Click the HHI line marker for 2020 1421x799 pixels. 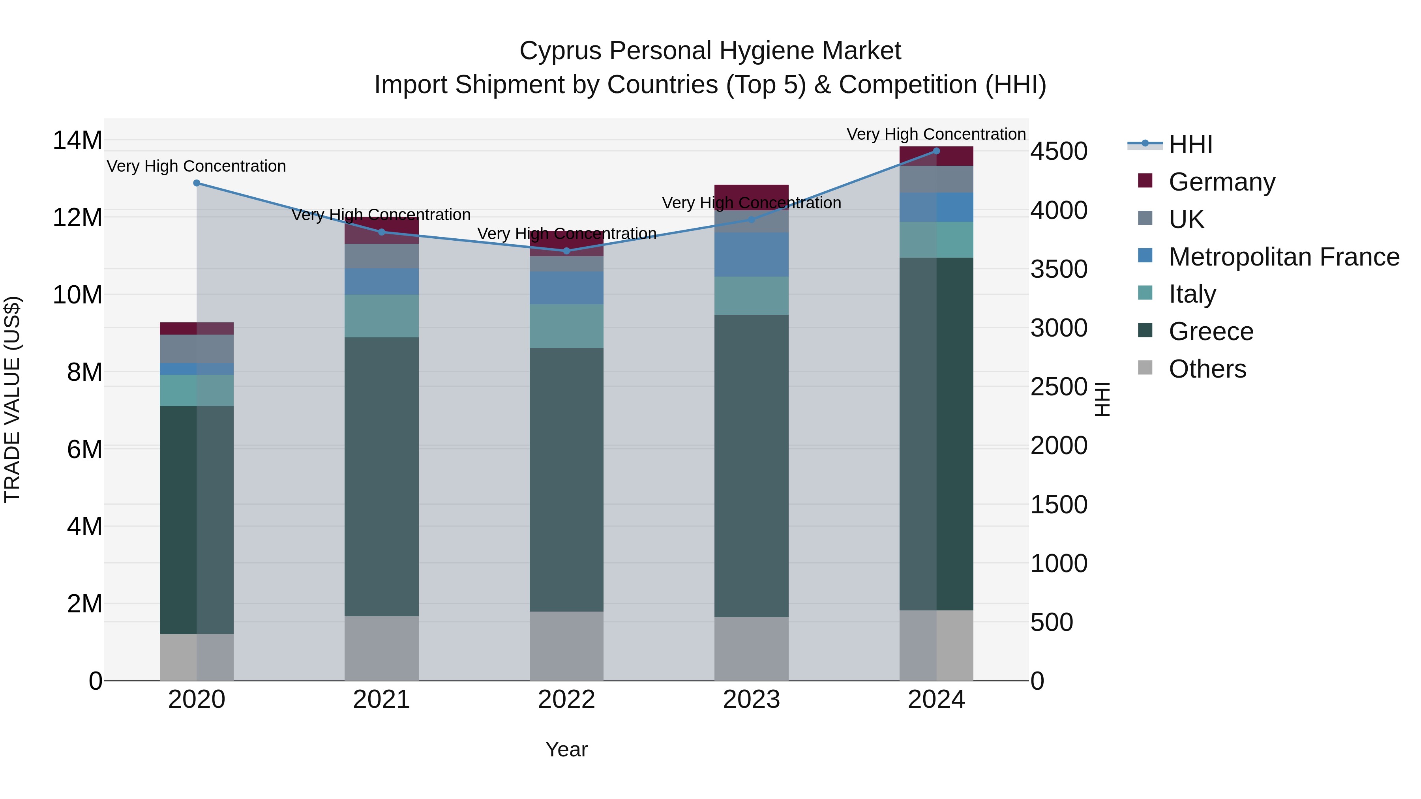(x=197, y=183)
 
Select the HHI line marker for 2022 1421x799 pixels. (x=566, y=251)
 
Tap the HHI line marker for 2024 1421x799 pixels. (x=936, y=151)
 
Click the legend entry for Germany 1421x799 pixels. (x=1221, y=182)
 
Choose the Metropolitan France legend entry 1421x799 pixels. (x=1283, y=257)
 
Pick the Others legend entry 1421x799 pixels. (x=1207, y=369)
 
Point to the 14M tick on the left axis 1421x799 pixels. (x=77, y=140)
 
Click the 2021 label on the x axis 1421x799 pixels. (x=381, y=700)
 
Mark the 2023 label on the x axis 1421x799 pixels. (x=751, y=700)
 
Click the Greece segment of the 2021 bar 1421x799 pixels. (x=381, y=477)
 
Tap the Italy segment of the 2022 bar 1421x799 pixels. (x=566, y=326)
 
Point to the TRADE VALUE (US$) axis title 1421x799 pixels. (x=12, y=399)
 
